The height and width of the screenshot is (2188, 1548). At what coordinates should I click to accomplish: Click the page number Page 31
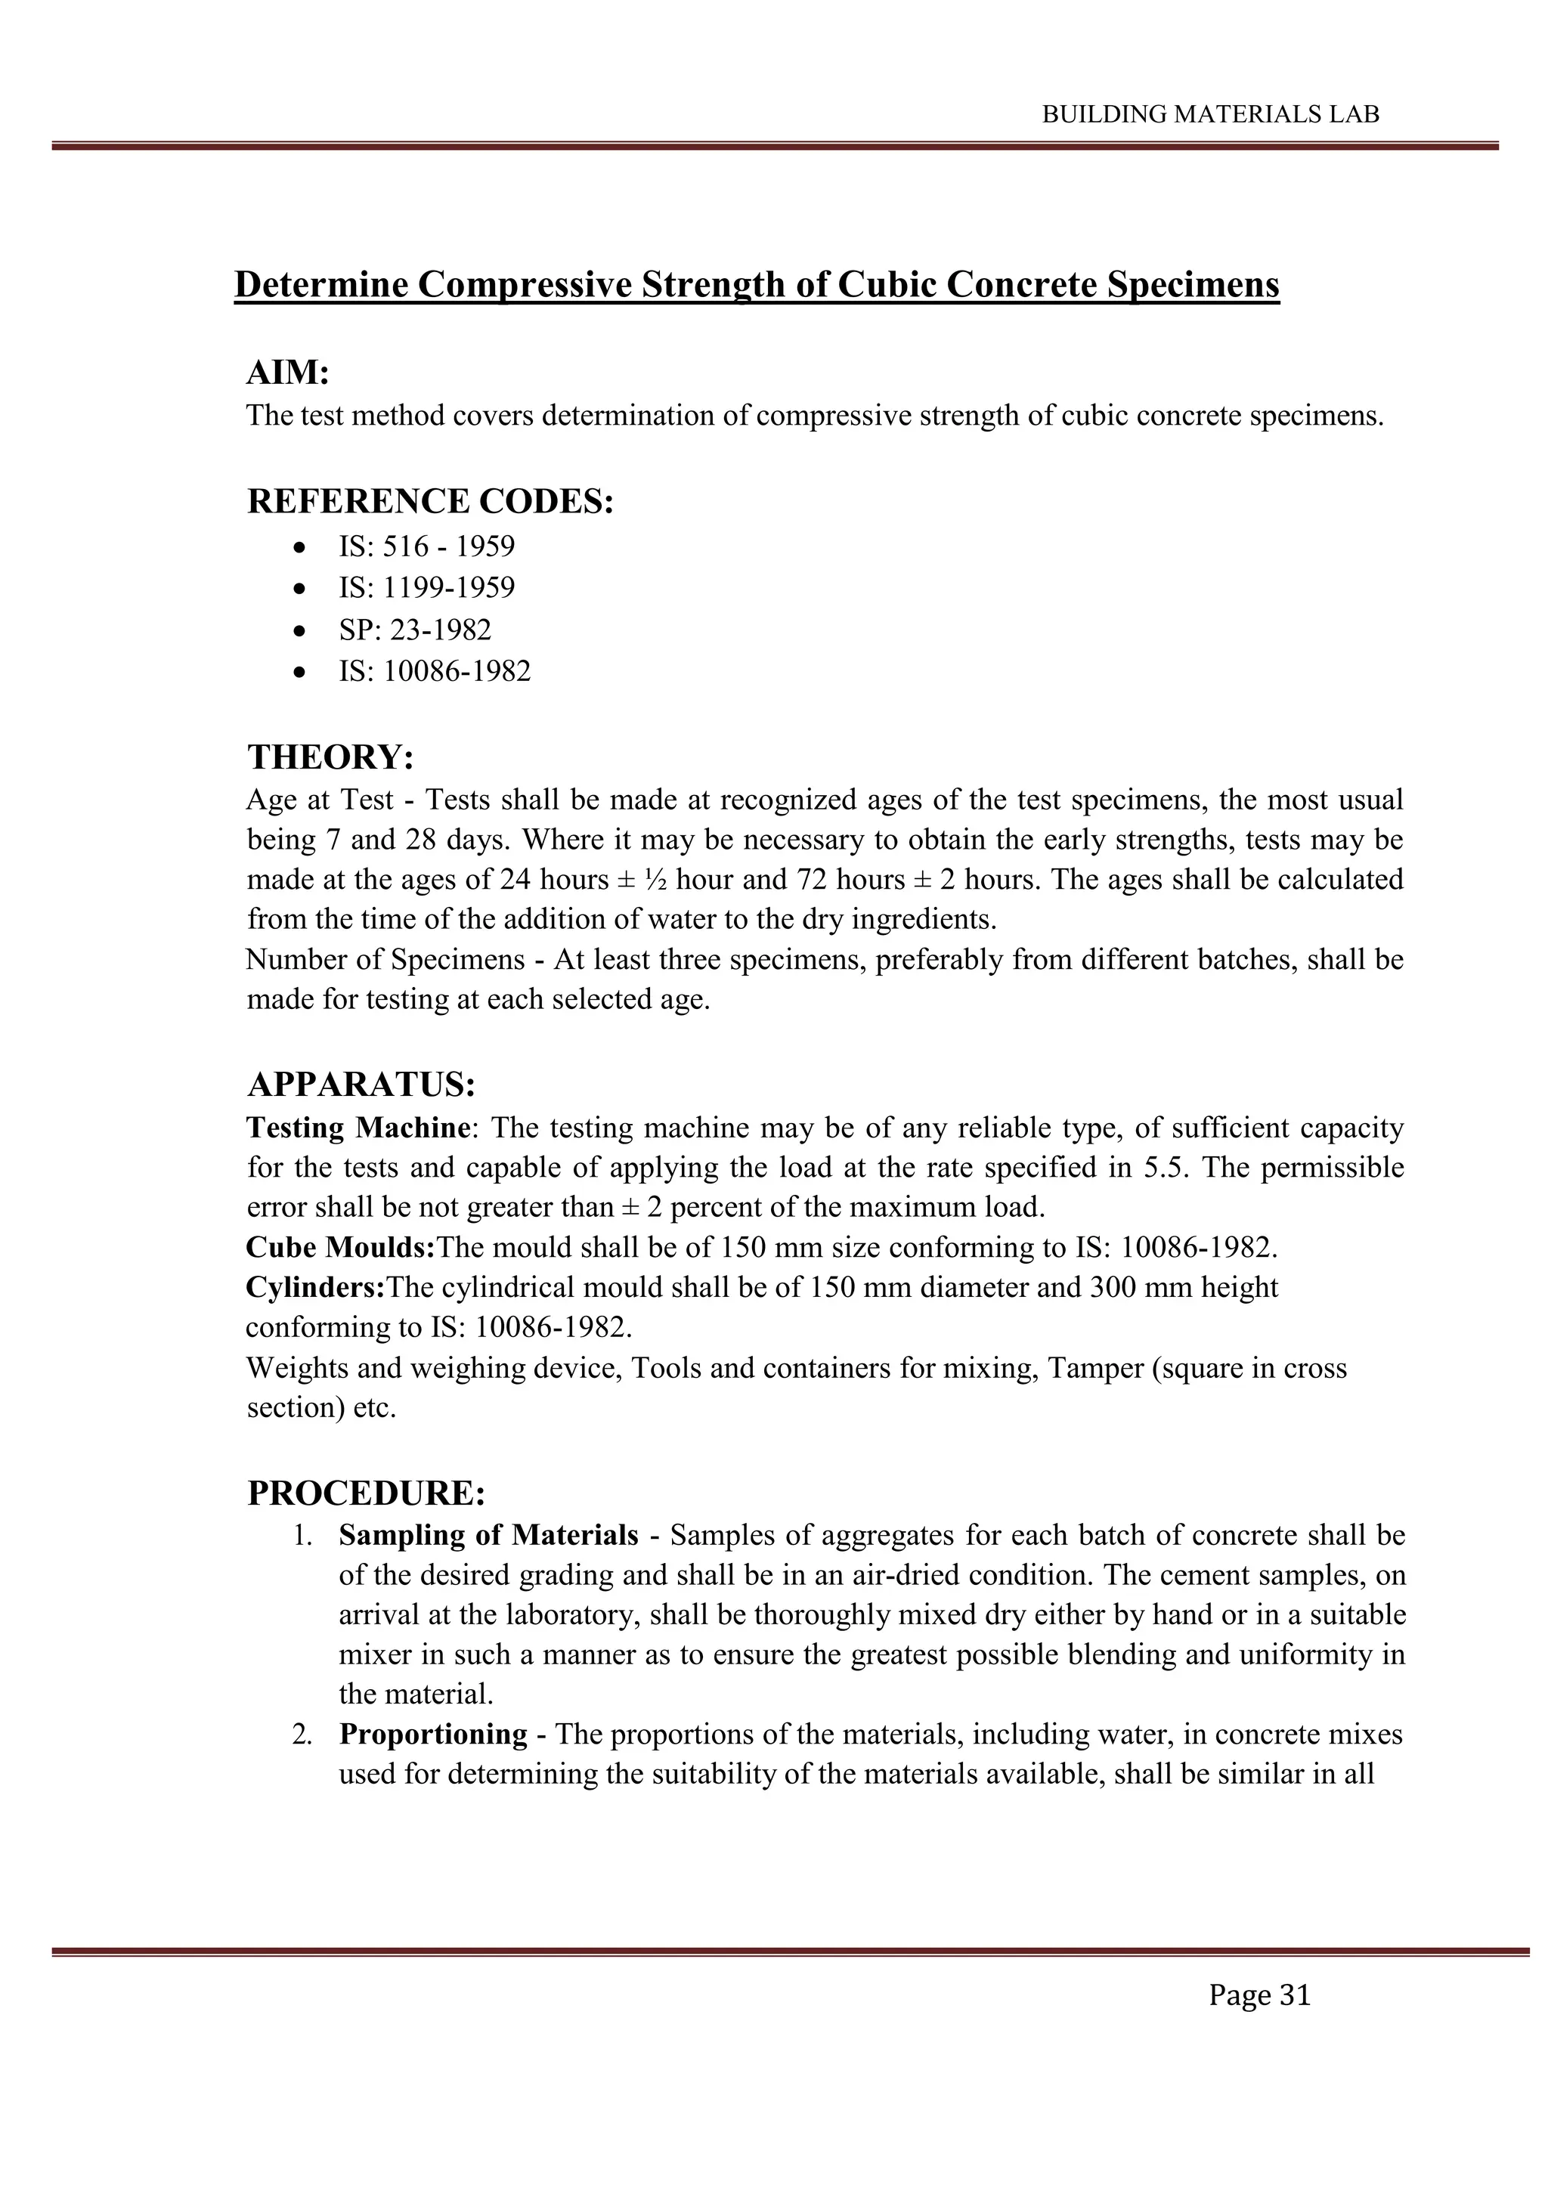point(1259,1995)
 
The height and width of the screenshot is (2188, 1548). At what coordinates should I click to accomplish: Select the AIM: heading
point(288,373)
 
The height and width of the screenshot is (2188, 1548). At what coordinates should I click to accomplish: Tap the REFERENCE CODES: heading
point(430,501)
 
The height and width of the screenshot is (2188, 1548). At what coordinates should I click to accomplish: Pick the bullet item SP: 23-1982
point(415,630)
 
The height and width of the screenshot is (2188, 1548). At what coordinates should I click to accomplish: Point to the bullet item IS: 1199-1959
point(426,588)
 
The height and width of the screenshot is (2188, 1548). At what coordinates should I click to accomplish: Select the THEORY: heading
point(331,757)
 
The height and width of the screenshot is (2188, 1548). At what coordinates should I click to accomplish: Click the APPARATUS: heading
point(361,1085)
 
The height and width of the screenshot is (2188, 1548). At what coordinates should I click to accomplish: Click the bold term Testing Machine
point(358,1128)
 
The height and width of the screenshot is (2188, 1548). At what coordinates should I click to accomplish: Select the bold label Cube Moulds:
point(340,1248)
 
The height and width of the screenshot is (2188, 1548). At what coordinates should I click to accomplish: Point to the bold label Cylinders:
point(315,1287)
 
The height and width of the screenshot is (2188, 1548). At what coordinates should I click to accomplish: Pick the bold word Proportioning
point(433,1734)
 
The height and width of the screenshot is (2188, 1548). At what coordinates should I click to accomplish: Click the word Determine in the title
point(321,285)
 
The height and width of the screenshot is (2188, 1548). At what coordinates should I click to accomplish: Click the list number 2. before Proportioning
point(302,1735)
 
